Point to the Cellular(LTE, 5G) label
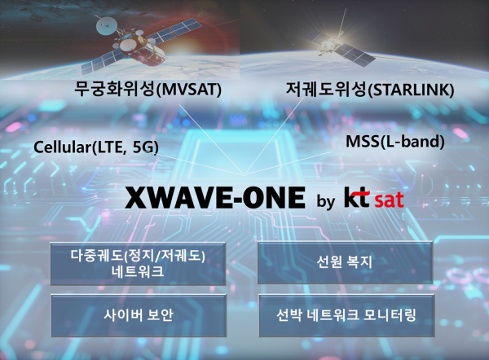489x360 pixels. (96, 147)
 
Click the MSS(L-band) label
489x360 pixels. (395, 141)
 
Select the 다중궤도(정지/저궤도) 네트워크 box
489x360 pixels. (138, 262)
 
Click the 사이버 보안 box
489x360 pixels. (138, 314)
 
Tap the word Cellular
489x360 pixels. (62, 147)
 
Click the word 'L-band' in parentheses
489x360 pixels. (415, 141)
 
